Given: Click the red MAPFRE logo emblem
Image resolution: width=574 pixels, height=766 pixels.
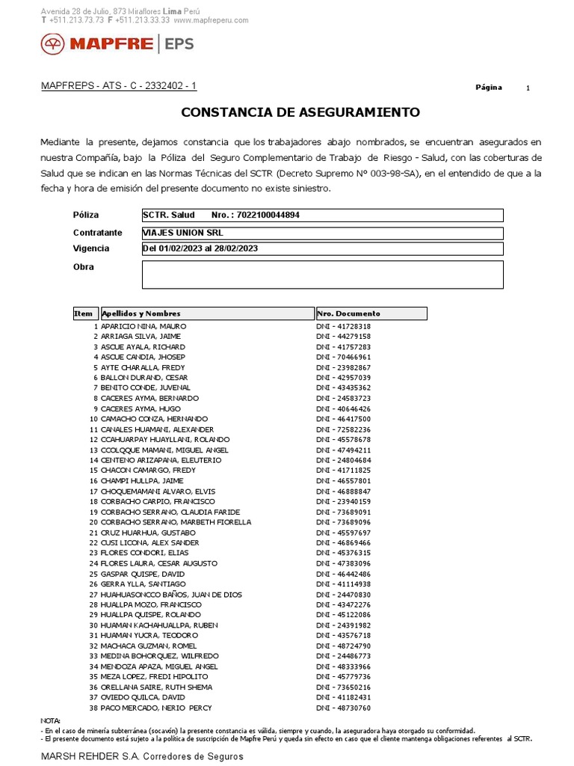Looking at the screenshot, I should click(53, 45).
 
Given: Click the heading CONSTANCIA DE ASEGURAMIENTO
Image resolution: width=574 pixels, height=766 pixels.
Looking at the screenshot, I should click(300, 113).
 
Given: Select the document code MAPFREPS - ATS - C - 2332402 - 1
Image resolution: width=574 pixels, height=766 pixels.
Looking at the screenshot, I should click(119, 86).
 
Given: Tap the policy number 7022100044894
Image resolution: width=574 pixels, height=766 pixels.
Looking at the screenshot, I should click(268, 215).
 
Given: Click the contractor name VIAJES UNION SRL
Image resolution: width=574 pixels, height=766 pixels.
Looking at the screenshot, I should click(182, 233).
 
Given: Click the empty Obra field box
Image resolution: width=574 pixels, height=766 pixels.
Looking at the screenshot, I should click(322, 274).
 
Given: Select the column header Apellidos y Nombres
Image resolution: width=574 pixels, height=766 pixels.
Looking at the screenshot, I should click(141, 313).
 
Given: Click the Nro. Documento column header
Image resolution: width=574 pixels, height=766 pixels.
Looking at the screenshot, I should click(349, 313).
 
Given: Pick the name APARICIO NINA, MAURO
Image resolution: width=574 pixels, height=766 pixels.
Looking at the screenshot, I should click(143, 327).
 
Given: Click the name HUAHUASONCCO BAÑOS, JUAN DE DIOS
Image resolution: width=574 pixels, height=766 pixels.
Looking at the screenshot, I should click(171, 595).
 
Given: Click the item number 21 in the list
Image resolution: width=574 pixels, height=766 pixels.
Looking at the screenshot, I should click(93, 533).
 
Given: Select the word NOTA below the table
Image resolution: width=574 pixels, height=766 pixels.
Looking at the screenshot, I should click(51, 720).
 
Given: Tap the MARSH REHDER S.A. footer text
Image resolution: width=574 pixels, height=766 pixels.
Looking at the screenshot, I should click(141, 756).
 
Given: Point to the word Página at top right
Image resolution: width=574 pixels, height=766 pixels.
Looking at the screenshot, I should click(489, 88).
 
